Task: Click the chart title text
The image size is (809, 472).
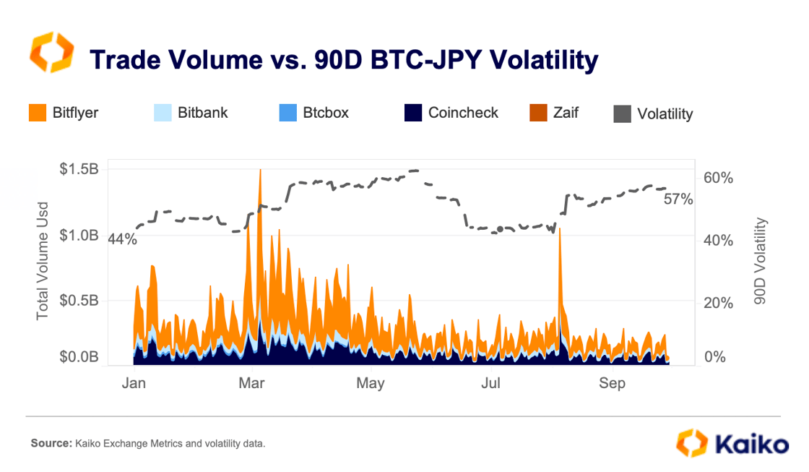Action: pos(343,60)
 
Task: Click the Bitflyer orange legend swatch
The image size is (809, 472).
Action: pos(38,113)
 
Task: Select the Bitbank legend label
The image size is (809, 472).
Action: pos(202,113)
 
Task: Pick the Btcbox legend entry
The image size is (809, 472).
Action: pos(325,113)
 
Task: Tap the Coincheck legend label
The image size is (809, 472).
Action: pos(463,113)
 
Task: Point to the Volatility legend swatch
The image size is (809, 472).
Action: pos(622,113)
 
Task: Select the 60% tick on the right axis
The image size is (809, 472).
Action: pos(719,178)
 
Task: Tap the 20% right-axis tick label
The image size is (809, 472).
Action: pos(719,303)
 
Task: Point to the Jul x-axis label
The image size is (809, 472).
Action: pos(491,382)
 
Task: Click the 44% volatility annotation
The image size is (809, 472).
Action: pos(122,239)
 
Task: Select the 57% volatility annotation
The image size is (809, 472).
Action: pos(678,199)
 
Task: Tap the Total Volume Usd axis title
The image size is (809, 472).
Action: pos(43,261)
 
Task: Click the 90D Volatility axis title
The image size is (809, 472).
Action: pos(759,261)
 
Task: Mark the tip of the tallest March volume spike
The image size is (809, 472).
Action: pos(260,170)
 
